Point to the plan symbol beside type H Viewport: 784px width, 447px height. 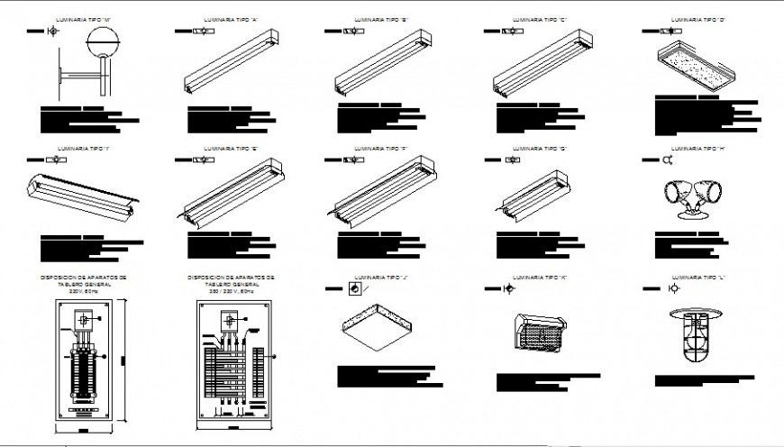[668, 160]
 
